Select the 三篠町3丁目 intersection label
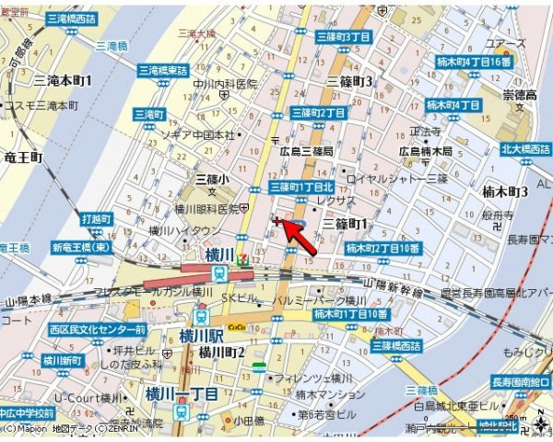click(x=343, y=36)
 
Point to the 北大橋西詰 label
click(x=525, y=147)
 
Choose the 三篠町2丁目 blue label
click(x=318, y=112)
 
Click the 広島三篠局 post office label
click(x=307, y=150)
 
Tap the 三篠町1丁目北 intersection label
click(x=301, y=186)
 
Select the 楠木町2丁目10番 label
click(x=383, y=249)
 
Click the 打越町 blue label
click(x=96, y=219)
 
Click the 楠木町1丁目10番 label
click(x=350, y=314)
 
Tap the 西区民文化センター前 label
click(x=100, y=329)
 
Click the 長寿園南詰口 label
click(x=520, y=382)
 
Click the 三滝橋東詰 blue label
click(x=162, y=69)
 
